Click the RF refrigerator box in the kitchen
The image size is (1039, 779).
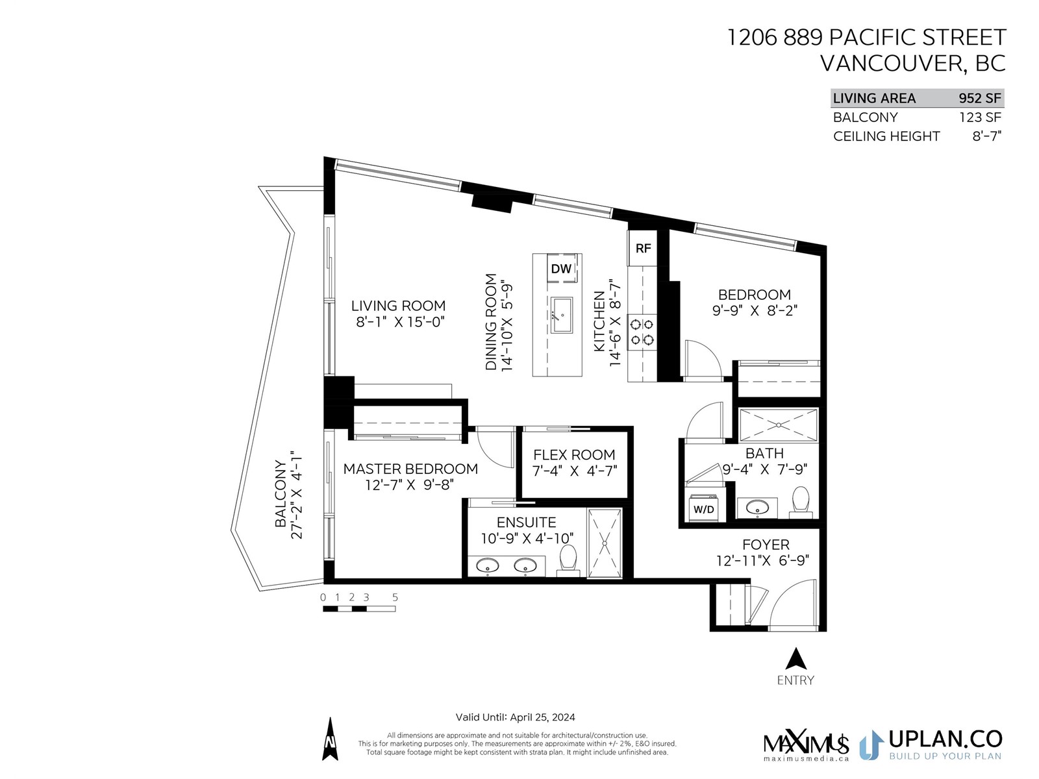click(x=642, y=249)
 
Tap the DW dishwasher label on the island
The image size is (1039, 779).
click(x=561, y=269)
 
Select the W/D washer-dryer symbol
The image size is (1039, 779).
click(x=703, y=508)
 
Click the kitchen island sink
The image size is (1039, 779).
click(x=562, y=315)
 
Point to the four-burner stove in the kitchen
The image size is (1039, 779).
click(x=642, y=332)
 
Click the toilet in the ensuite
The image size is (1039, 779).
click(x=568, y=560)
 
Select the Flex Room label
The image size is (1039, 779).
click(x=574, y=454)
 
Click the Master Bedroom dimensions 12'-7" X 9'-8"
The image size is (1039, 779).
click(x=410, y=485)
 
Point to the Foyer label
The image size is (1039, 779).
click(x=766, y=545)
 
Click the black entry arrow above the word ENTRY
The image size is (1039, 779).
click(x=795, y=658)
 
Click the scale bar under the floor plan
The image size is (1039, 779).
click(x=359, y=609)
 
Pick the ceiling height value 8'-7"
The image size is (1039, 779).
click(x=987, y=136)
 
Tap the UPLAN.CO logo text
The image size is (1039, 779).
click(x=945, y=739)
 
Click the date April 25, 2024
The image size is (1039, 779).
click(x=542, y=717)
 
